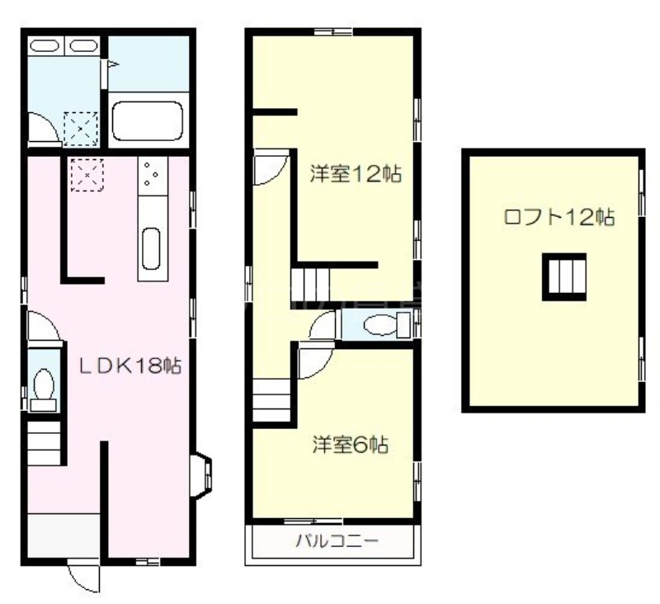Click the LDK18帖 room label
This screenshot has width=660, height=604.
pos(130,365)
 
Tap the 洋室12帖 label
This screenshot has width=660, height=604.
pos(356,174)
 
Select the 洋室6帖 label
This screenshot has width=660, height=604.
pos(351,445)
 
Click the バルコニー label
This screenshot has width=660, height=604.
pos(336,542)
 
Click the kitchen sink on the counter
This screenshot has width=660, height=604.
pos(150,247)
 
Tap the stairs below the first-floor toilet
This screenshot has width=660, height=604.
pos(45,446)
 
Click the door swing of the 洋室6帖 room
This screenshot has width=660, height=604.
pos(313,361)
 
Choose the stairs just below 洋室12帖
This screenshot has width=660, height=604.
pos(310,285)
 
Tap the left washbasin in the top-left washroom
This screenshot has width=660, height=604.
pos(45,46)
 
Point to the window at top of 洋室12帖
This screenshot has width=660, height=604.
pos(334,32)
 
